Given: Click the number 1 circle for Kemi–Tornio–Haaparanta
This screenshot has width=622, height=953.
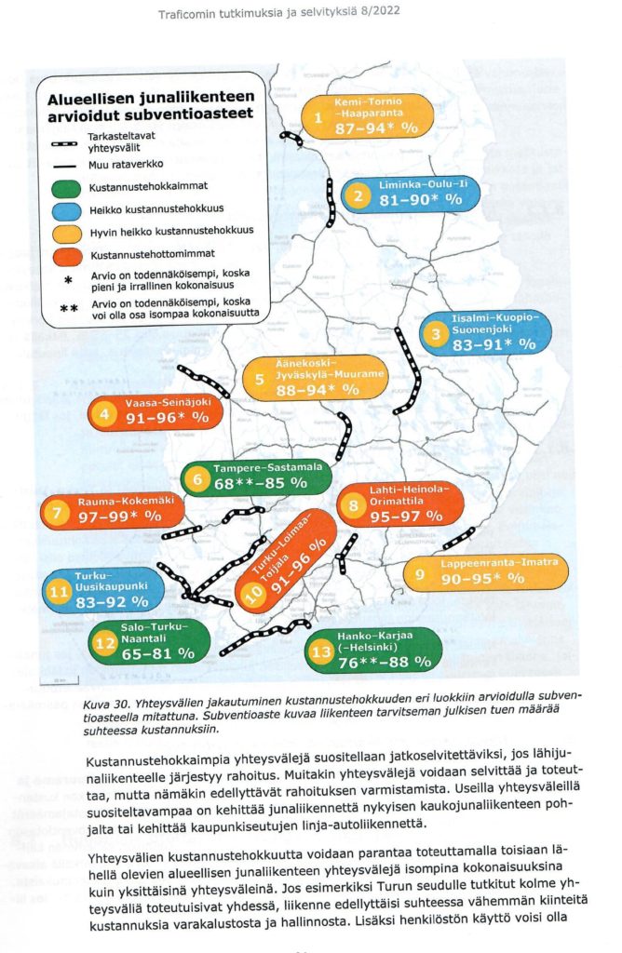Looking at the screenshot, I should tap(318, 118).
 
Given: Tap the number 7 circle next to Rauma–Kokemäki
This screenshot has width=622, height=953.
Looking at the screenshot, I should tap(57, 513).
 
